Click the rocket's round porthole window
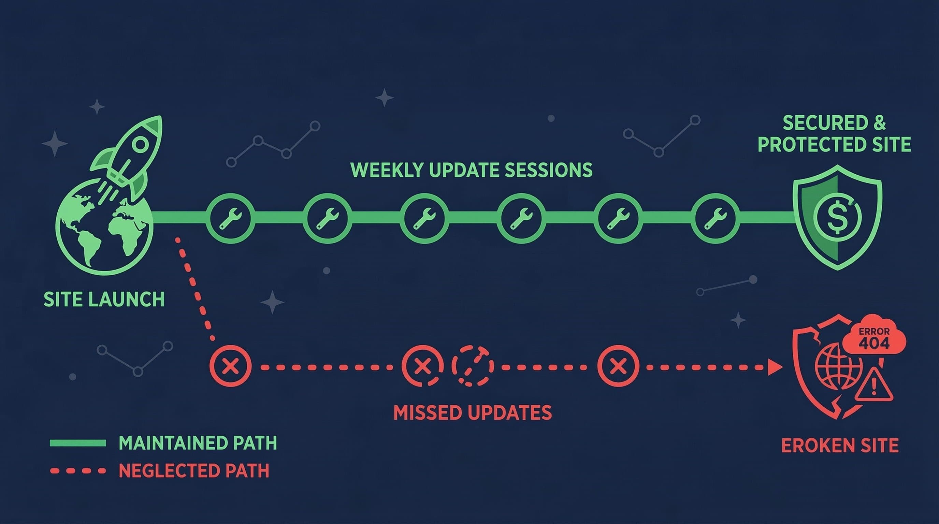[x=140, y=145]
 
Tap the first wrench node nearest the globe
[x=230, y=218]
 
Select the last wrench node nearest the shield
[x=715, y=218]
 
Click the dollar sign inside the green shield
[x=837, y=218]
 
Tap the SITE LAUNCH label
[x=104, y=300]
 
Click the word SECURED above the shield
[x=825, y=123]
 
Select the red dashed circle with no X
[x=473, y=365]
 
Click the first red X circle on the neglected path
[x=230, y=365]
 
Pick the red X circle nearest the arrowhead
[x=618, y=365]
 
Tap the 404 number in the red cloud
[x=874, y=343]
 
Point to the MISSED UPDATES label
[x=473, y=412]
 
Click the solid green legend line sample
[x=78, y=443]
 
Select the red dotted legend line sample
[x=78, y=471]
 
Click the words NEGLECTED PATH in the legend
[x=194, y=471]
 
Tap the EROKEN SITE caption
[x=840, y=445]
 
